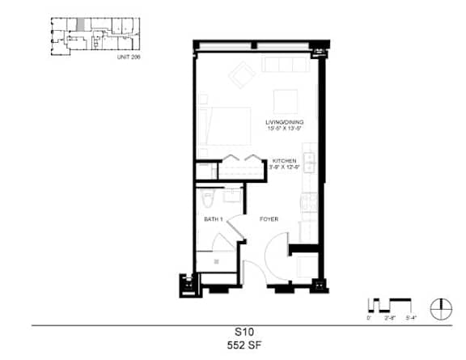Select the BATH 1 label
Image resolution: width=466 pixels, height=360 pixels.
[x=213, y=219]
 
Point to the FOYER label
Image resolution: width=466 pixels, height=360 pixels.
[x=269, y=219]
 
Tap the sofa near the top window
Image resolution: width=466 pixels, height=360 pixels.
[x=282, y=65]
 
